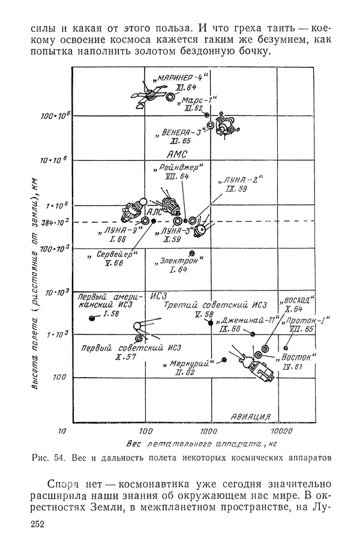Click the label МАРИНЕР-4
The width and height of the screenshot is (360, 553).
coord(180,78)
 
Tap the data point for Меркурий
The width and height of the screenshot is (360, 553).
coord(224,359)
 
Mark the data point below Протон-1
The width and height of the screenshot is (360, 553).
coord(286,348)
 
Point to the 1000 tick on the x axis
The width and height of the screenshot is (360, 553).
coord(208,432)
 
